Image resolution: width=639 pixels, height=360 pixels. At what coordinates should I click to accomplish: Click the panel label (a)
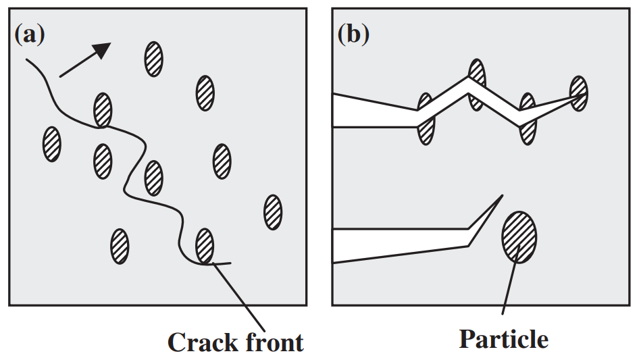(29, 34)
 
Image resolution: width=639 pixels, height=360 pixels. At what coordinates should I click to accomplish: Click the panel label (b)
(353, 34)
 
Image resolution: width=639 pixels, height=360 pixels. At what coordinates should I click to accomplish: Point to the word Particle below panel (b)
(503, 338)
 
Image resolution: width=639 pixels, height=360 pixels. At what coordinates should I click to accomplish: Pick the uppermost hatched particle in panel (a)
(153, 59)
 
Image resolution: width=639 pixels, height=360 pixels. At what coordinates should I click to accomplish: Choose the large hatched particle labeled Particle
(519, 236)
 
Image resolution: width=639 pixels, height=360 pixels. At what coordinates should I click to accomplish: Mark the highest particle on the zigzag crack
(477, 84)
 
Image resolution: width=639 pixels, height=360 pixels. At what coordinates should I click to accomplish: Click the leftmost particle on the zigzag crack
(426, 119)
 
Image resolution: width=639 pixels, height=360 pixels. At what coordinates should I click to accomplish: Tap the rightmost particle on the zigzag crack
(579, 94)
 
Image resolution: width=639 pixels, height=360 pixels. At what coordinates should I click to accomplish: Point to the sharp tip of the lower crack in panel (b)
(502, 196)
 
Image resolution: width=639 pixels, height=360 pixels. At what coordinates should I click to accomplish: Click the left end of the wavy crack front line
(27, 60)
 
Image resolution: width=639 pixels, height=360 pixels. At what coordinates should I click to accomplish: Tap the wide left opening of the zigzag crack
(338, 111)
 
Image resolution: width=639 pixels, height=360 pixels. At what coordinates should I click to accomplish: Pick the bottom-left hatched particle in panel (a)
(120, 246)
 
